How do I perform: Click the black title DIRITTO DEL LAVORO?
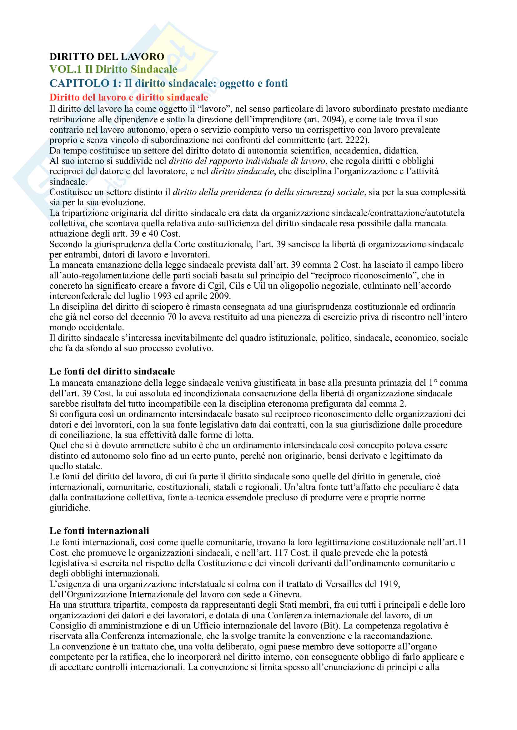(107, 56)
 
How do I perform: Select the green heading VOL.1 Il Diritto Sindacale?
(113, 69)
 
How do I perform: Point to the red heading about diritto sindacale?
(128, 97)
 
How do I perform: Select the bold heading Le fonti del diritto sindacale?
(112, 371)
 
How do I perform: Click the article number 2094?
(332, 120)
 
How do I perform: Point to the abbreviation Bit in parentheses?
(330, 626)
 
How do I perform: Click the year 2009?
(219, 296)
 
